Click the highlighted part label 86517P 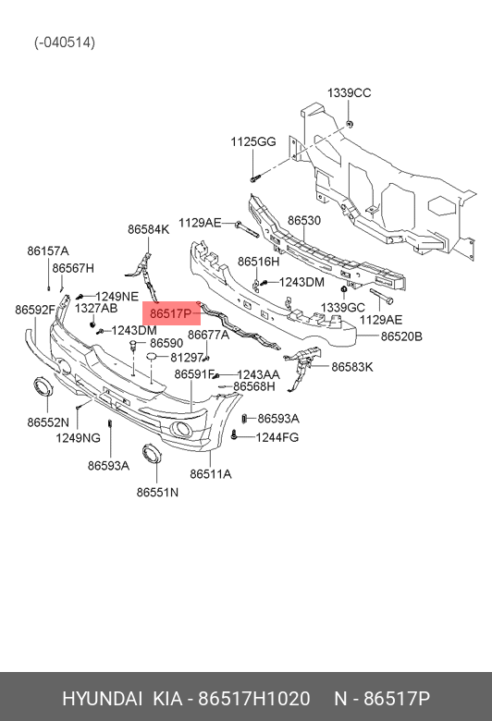click(170, 313)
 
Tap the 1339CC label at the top click(349, 92)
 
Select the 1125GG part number click(253, 141)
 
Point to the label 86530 click(304, 221)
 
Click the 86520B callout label click(401, 336)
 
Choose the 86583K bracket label click(352, 367)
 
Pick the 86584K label click(149, 229)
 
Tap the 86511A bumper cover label click(211, 473)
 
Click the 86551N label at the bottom click(157, 492)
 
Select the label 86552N click(48, 422)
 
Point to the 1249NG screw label click(79, 438)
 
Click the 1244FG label click(277, 437)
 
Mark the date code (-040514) click(65, 43)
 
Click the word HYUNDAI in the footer click(102, 699)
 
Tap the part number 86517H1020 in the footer click(254, 699)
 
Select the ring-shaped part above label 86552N click(43, 387)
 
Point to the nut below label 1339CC click(350, 124)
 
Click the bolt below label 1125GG click(254, 177)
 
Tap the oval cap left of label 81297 click(152, 357)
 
